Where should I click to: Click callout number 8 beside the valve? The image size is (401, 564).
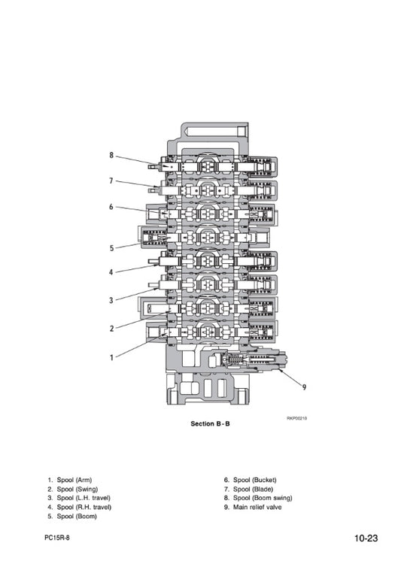click(111, 155)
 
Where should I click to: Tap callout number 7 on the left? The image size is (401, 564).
click(111, 180)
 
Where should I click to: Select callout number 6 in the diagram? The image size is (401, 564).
click(111, 207)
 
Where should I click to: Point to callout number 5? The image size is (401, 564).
click(111, 248)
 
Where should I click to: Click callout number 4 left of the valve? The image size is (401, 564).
click(111, 272)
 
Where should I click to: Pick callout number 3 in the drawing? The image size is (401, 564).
click(111, 300)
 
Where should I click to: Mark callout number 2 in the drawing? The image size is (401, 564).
click(111, 328)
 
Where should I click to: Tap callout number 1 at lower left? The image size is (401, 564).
click(111, 357)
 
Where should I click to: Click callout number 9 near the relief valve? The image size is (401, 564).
click(304, 387)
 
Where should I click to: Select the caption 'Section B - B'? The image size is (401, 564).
click(210, 423)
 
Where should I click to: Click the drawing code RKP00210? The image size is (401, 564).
click(297, 418)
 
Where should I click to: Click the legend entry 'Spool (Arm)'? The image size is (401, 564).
click(74, 480)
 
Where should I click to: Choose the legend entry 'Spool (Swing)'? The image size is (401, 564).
click(77, 490)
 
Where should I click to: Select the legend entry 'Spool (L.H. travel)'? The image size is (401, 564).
click(84, 498)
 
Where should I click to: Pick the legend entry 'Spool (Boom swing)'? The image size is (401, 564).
click(263, 498)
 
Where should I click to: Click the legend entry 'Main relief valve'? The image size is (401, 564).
click(257, 507)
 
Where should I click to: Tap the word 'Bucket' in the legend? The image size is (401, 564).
click(265, 480)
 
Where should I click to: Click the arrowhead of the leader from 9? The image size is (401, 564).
click(279, 370)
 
